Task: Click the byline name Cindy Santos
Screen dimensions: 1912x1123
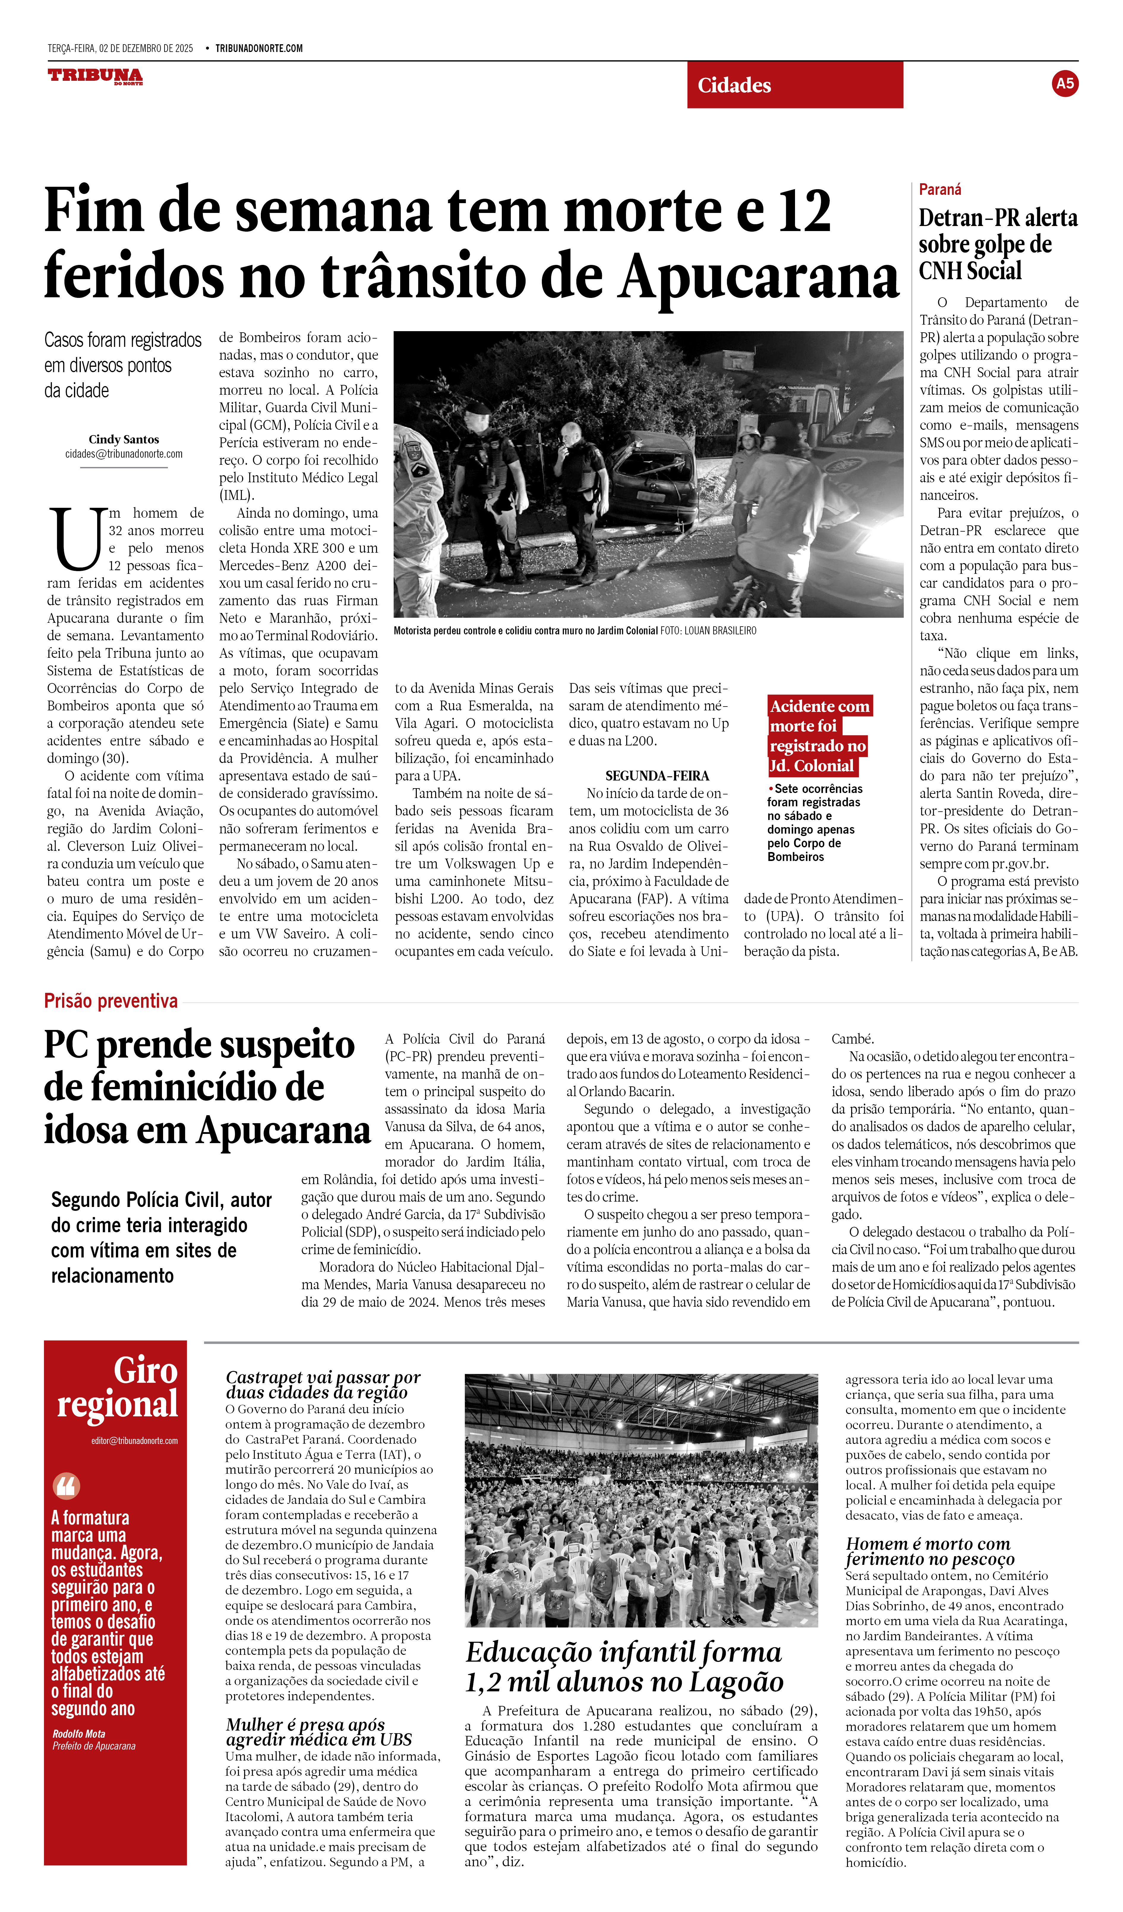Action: click(124, 439)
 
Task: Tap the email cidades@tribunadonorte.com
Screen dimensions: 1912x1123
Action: click(124, 454)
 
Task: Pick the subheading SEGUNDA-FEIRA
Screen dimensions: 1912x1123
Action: click(657, 775)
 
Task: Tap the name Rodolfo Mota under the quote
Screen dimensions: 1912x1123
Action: click(79, 1734)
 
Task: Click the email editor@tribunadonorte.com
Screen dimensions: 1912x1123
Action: click(134, 1441)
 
